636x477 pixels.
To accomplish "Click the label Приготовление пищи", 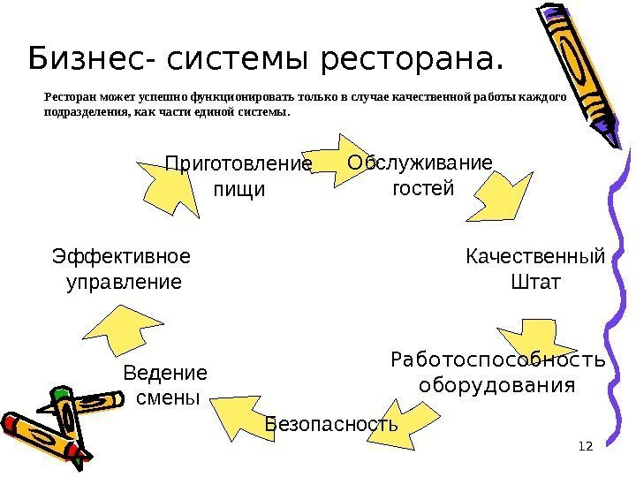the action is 239,177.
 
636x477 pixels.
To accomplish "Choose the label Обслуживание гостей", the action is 420,175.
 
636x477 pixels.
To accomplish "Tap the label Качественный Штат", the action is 535,269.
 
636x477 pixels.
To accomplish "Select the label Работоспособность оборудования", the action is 497,373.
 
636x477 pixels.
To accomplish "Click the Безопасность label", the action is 331,425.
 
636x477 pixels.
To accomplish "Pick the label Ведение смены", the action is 165,384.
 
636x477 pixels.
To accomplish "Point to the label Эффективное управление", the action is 122,269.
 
